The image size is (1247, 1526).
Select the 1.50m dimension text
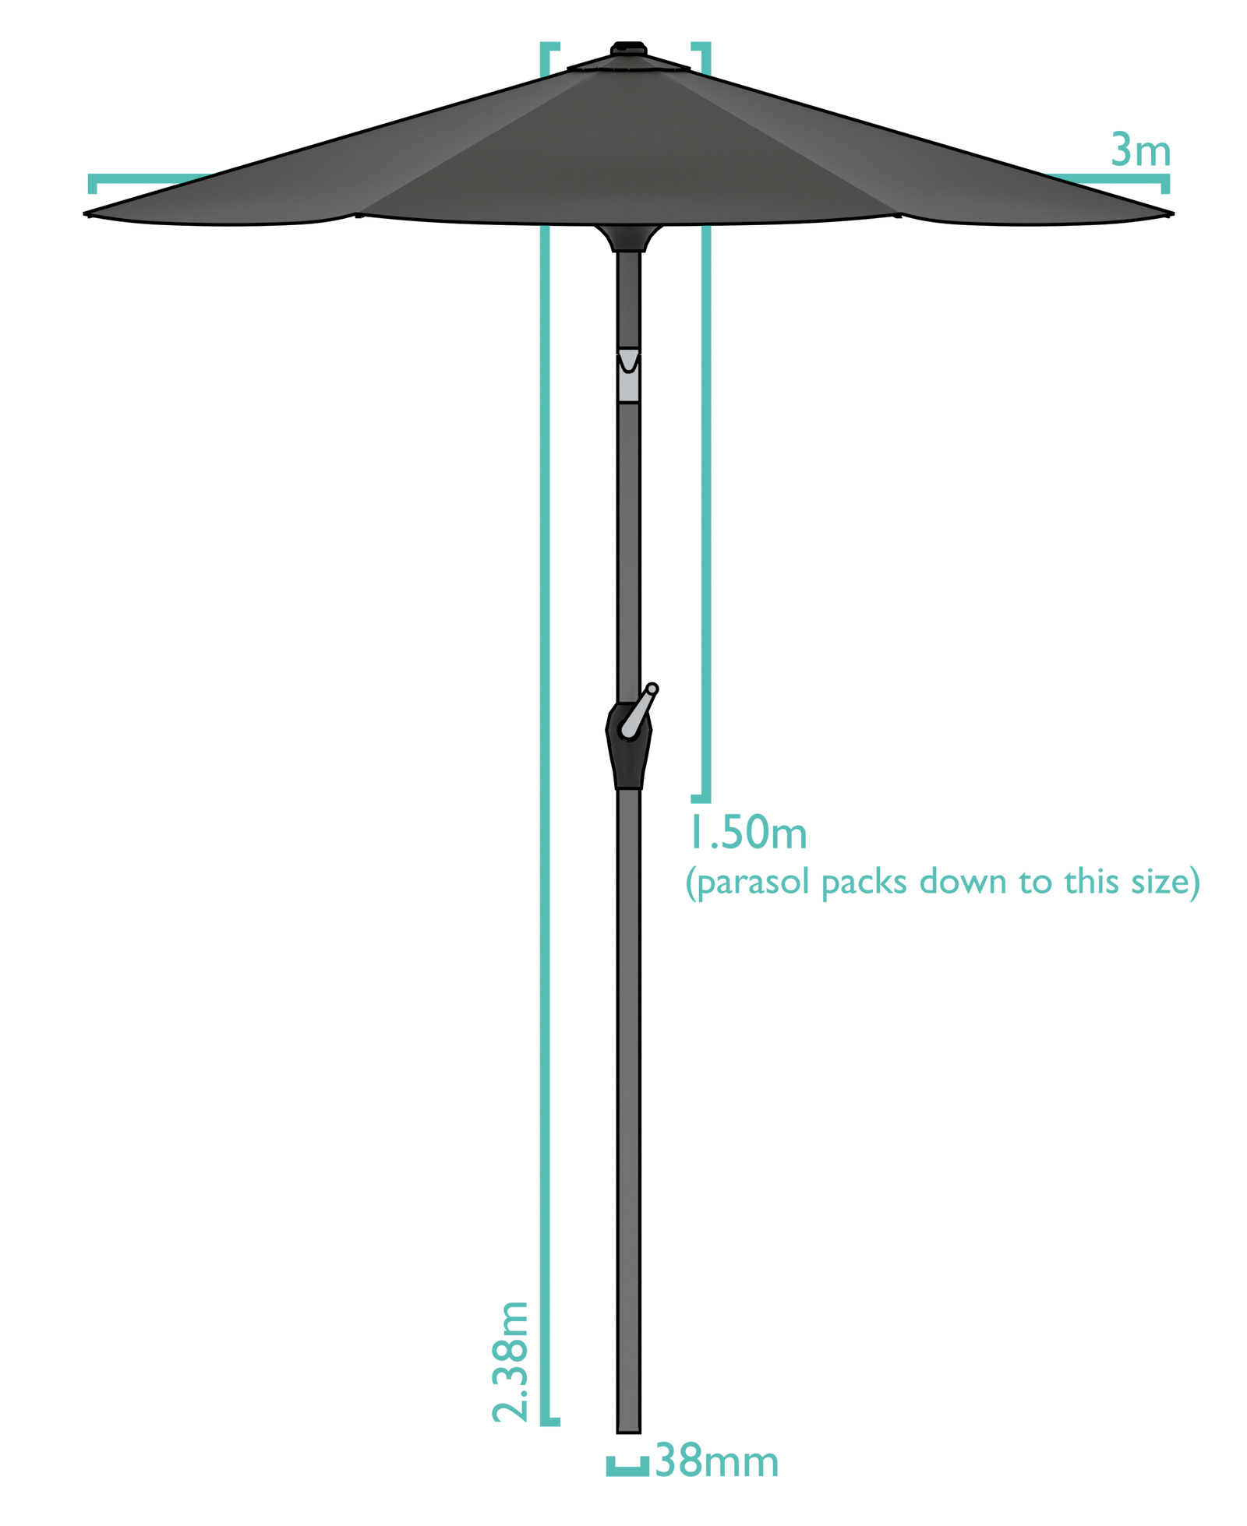coord(747,832)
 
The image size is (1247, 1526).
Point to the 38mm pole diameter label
coord(716,1461)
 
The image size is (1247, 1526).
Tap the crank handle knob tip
coord(652,689)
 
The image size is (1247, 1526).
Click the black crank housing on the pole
coord(628,745)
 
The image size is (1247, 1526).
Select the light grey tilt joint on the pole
coord(628,375)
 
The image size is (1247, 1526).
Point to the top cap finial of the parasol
coord(628,48)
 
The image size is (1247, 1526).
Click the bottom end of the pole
coord(628,1433)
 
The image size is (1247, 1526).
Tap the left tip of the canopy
coord(85,213)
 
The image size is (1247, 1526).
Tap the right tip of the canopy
coord(1172,213)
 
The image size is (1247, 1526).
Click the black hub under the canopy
coord(628,238)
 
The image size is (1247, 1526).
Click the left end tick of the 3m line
coord(92,184)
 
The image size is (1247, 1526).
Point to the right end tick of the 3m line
coord(1165,184)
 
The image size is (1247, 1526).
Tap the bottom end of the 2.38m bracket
coord(550,1422)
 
